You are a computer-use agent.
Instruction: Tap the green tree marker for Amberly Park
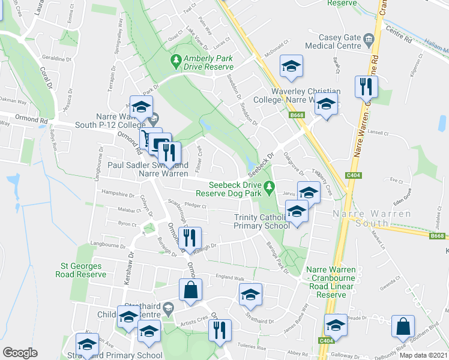coord(176,59)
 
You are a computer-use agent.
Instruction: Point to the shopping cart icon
coord(148,139)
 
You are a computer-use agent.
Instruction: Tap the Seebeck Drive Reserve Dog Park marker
coord(270,185)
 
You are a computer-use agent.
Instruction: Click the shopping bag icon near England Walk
coord(190,290)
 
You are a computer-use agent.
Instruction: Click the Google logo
coord(20,353)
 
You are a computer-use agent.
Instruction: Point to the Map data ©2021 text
coord(423,355)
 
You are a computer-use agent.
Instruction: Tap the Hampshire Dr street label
coord(118,194)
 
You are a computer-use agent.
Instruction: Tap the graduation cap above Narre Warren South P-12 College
coord(140,106)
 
